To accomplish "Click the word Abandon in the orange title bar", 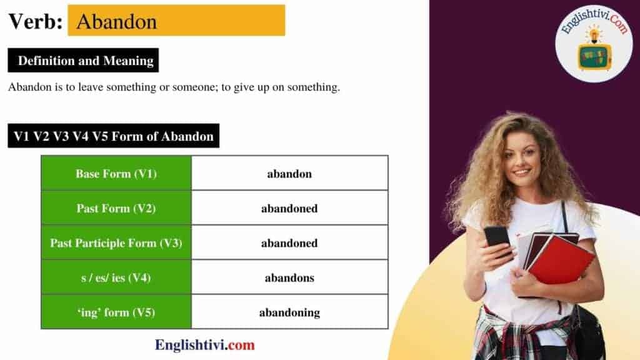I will (x=116, y=21).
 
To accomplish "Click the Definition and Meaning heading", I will (x=86, y=61).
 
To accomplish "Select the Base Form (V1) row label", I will (x=116, y=174).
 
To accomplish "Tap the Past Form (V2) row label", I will (x=116, y=209).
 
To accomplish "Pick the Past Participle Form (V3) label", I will (x=116, y=243).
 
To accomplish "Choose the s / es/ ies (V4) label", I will (x=116, y=277).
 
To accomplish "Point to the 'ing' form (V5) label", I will (x=116, y=312).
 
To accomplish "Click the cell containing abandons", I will (x=289, y=277).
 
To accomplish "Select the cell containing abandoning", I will (x=289, y=312).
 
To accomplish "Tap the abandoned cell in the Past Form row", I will (x=289, y=209).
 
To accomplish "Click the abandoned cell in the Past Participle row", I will (x=289, y=243).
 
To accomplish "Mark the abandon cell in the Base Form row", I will (x=289, y=174).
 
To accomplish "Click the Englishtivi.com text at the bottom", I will (x=205, y=344).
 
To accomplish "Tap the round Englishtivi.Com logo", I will (x=594, y=42).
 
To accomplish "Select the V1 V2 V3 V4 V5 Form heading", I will (x=114, y=136).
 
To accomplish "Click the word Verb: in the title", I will (x=35, y=21).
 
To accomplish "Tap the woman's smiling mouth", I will (x=522, y=171).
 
